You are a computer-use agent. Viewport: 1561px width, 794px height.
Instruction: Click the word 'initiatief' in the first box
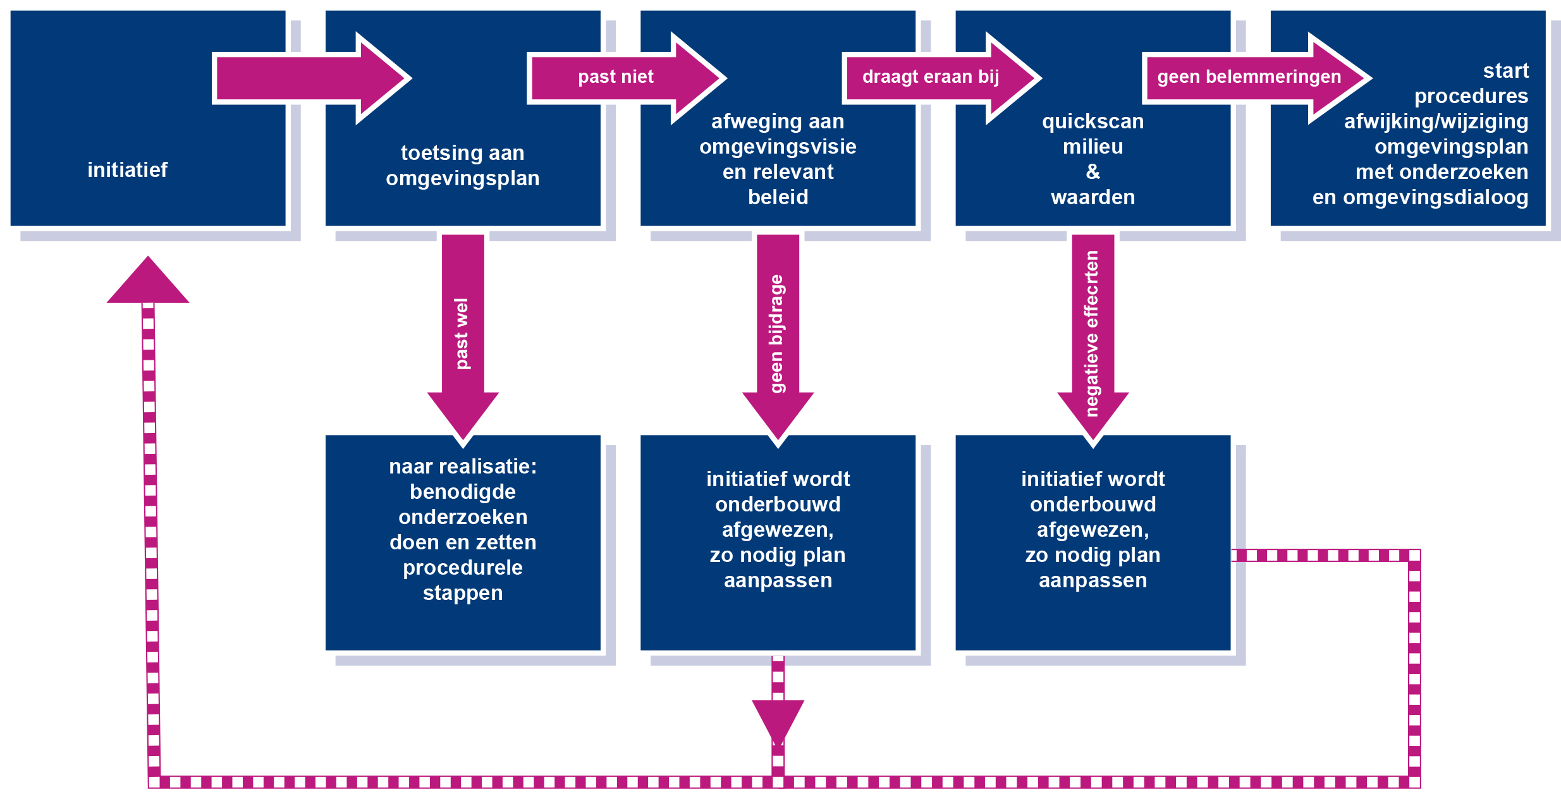point(127,170)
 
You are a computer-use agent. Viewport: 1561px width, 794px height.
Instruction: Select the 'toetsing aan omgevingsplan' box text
point(463,166)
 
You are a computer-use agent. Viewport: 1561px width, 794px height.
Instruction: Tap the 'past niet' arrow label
point(615,77)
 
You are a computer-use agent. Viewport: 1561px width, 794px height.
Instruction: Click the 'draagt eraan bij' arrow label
point(931,77)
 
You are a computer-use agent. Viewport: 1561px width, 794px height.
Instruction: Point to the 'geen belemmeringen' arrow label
point(1249,77)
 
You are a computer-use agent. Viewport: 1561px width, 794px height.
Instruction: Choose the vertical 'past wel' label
point(462,333)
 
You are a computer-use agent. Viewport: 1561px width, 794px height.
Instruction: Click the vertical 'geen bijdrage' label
point(777,333)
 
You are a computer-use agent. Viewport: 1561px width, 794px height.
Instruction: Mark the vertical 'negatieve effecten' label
point(1092,333)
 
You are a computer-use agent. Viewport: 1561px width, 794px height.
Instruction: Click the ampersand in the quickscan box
point(1093,171)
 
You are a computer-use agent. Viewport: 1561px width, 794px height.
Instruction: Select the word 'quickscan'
point(1093,121)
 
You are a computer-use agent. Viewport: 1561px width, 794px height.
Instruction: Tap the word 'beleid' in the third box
point(778,197)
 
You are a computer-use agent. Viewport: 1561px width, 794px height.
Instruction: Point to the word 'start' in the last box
point(1506,71)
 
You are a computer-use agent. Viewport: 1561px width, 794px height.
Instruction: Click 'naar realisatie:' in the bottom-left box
point(463,467)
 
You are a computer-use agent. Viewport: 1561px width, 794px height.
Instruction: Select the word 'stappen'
point(463,593)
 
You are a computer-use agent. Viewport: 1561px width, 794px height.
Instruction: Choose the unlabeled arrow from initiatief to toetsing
point(310,78)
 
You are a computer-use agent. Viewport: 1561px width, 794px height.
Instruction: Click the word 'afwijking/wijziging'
point(1436,121)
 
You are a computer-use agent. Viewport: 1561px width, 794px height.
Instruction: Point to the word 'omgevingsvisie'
point(778,147)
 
